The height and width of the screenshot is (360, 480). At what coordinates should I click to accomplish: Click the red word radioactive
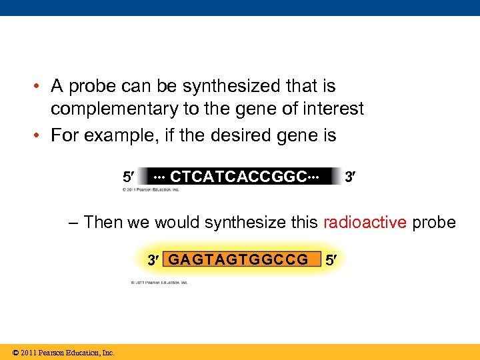pos(365,222)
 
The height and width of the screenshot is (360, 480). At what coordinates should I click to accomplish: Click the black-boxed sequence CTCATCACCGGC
pos(237,177)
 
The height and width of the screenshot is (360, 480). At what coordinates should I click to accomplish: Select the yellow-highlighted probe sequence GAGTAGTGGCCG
pos(238,259)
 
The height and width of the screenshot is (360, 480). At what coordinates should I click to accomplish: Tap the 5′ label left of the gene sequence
pos(127,177)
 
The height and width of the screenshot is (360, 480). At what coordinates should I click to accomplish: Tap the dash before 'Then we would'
pos(73,223)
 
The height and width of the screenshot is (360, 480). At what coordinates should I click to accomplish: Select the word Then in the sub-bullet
pos(104,222)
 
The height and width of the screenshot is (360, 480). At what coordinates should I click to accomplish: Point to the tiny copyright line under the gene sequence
pos(151,190)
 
